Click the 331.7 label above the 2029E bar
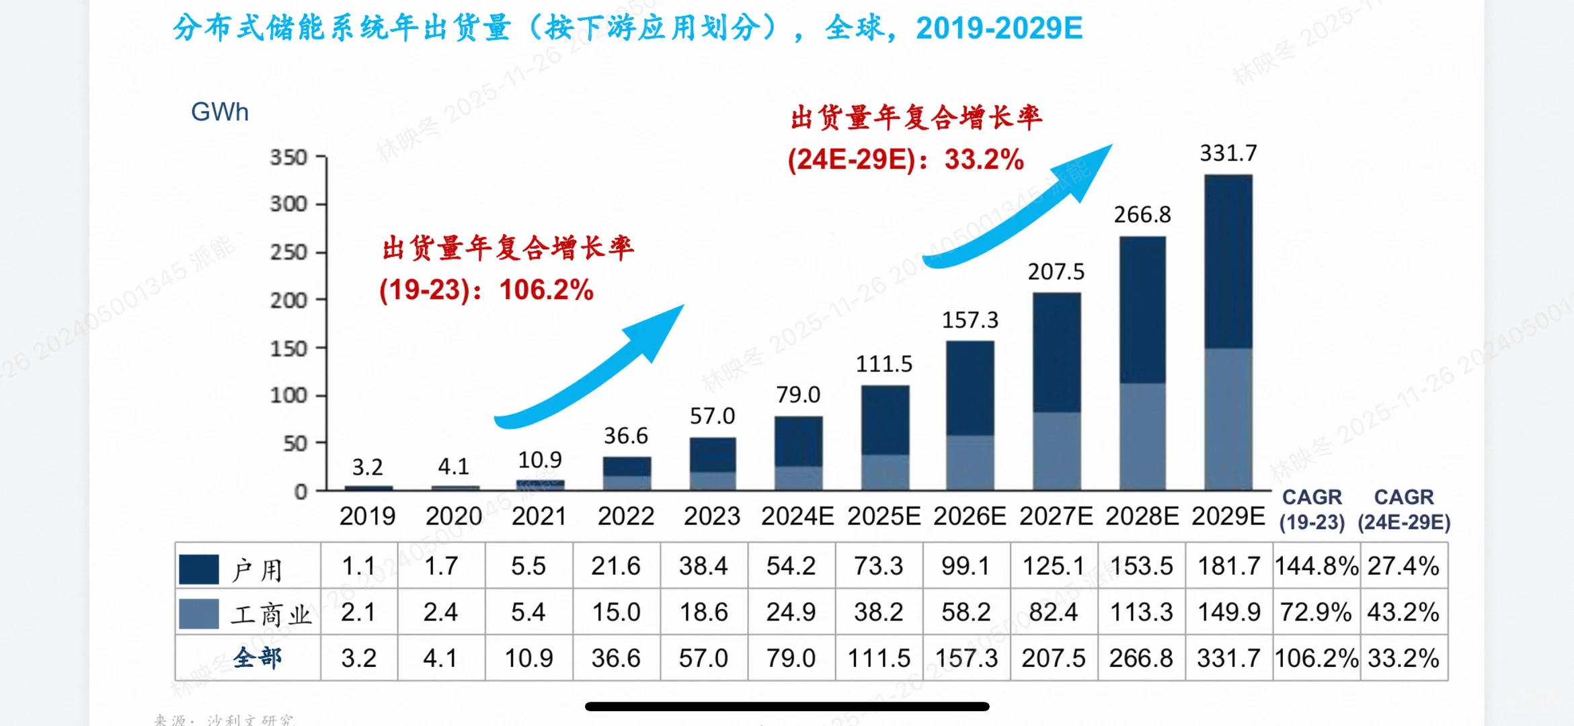[1228, 153]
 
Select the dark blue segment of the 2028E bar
[1142, 309]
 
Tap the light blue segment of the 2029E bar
[1228, 418]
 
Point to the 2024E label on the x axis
[797, 516]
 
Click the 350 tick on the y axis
[288, 157]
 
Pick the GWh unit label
[220, 112]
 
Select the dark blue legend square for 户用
[199, 569]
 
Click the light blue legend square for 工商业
[199, 614]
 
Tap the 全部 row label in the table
[258, 657]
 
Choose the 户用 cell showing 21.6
[616, 566]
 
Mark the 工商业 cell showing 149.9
[1228, 612]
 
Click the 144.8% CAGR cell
[1316, 566]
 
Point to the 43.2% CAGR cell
[1403, 612]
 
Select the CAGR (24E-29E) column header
[1404, 510]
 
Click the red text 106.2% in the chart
[546, 290]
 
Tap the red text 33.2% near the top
[984, 159]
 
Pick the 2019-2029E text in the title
[999, 28]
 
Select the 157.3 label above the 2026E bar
[970, 320]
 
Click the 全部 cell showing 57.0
[703, 658]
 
